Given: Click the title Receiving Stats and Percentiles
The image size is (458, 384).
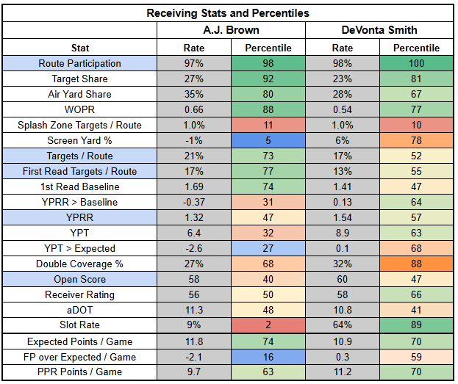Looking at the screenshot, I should [228, 13].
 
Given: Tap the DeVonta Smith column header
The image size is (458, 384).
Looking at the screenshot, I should [379, 30].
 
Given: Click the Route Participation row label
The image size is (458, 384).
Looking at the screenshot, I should [80, 63].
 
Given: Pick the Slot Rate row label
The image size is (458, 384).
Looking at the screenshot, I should [80, 325].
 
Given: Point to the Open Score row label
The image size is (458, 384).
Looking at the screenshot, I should [80, 279].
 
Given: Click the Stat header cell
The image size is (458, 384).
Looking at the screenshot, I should [80, 48].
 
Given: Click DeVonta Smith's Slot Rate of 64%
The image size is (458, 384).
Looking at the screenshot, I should [342, 325].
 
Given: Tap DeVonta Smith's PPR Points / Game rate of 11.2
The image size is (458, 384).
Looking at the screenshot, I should [342, 372].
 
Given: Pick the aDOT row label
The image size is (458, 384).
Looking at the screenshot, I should [80, 310].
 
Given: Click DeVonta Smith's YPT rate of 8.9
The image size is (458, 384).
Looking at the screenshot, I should [342, 233].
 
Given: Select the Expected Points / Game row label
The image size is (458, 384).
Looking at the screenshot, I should [80, 341].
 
